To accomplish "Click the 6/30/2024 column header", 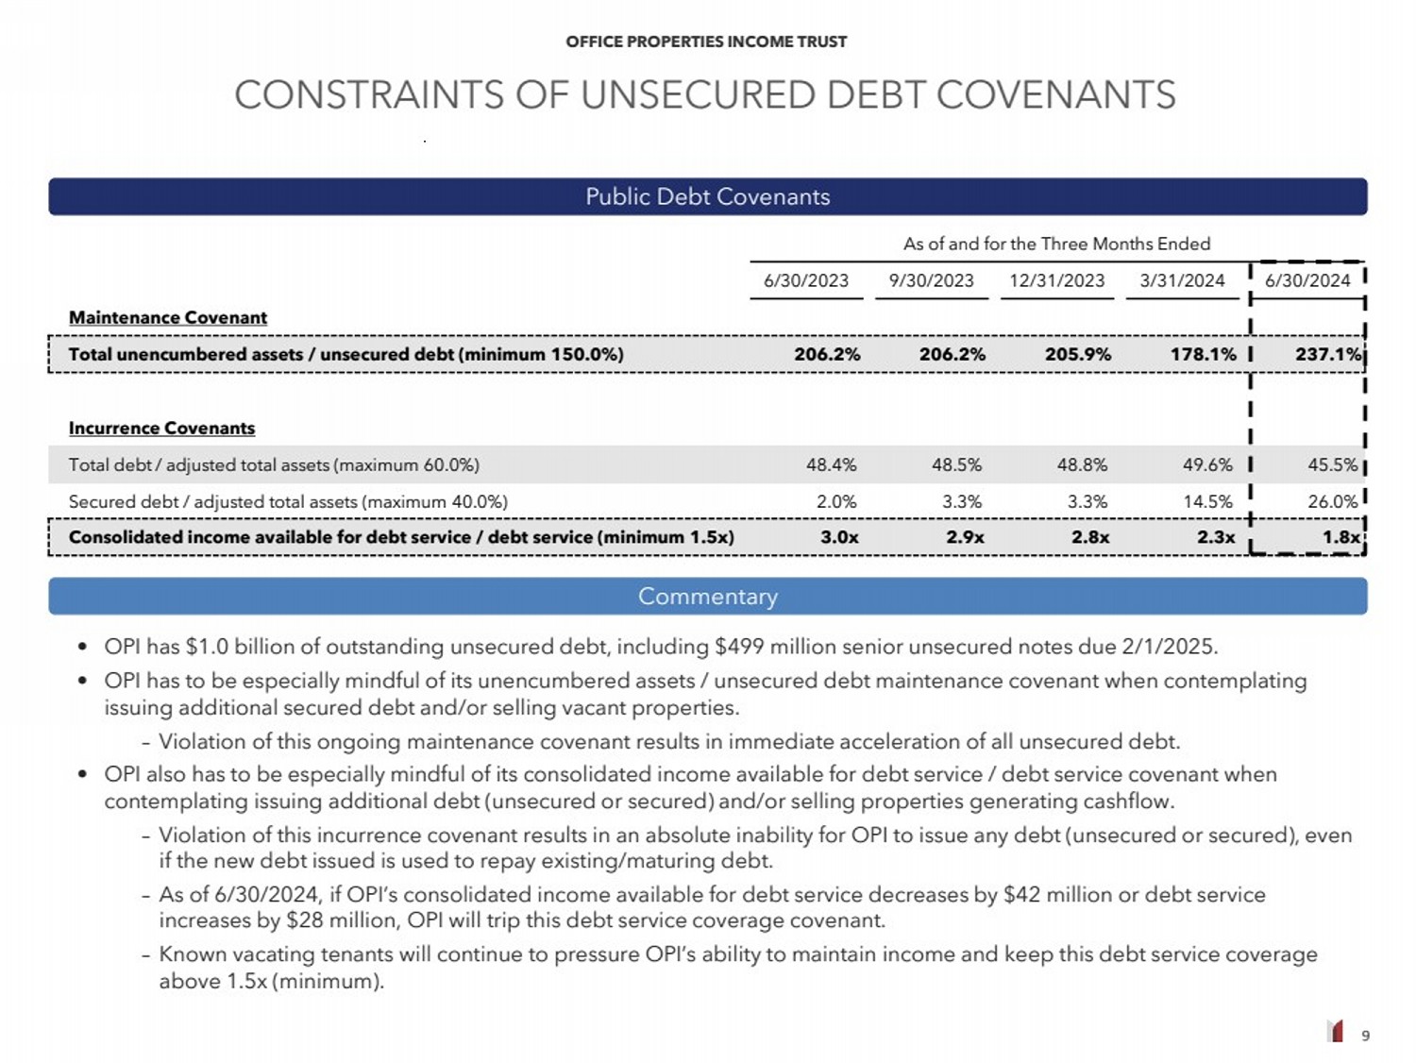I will pyautogui.click(x=1307, y=280).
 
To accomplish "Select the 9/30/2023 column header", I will pyautogui.click(x=931, y=280).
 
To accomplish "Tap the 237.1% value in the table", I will pyautogui.click(x=1328, y=354).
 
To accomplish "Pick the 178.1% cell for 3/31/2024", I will pyautogui.click(x=1203, y=354).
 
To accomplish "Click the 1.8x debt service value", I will pyautogui.click(x=1340, y=537).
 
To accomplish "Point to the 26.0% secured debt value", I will pyautogui.click(x=1332, y=501).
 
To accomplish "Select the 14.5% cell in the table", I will pyautogui.click(x=1207, y=501).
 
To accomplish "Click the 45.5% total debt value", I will pyautogui.click(x=1332, y=464).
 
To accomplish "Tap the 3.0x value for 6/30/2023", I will pyautogui.click(x=839, y=537).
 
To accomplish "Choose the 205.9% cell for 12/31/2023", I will pyautogui.click(x=1077, y=354).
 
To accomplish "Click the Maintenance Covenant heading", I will pyautogui.click(x=168, y=318).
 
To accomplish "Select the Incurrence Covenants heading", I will pyautogui.click(x=161, y=429).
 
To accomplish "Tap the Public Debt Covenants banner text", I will pyautogui.click(x=708, y=196).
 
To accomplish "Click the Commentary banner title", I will pyautogui.click(x=708, y=597).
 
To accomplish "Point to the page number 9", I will pyautogui.click(x=1365, y=1036).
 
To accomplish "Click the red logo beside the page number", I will pyautogui.click(x=1335, y=1031).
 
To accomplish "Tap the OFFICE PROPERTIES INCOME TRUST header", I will pyautogui.click(x=706, y=42).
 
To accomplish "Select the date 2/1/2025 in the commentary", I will pyautogui.click(x=1168, y=647).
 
